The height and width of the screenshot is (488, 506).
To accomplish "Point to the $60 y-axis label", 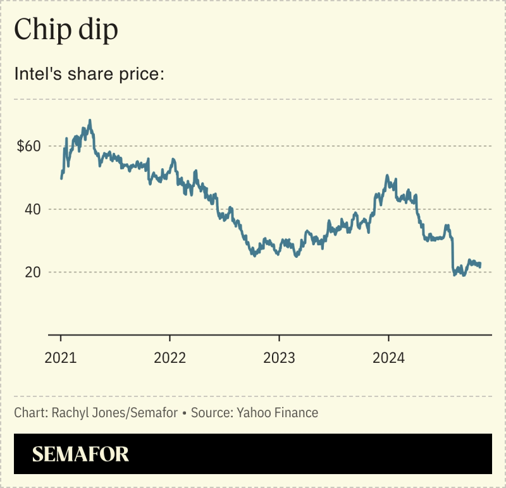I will [x=28, y=146].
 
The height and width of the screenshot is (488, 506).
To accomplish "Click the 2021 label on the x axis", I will [x=61, y=358].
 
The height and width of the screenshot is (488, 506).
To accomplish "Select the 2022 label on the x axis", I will [x=170, y=358].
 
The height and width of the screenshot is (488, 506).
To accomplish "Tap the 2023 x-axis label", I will [x=279, y=358].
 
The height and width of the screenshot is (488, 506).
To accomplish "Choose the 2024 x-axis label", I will [x=388, y=358].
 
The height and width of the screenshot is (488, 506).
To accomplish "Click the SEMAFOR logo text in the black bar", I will [x=80, y=454].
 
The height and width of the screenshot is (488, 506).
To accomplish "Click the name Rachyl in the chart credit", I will [x=66, y=413].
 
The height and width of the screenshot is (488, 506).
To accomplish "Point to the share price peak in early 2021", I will [x=90, y=120].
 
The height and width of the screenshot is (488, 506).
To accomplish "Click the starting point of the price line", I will [x=61, y=178].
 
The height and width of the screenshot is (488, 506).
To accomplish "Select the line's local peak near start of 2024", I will [x=387, y=176].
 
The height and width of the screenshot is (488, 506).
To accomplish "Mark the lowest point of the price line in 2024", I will [x=464, y=276].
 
